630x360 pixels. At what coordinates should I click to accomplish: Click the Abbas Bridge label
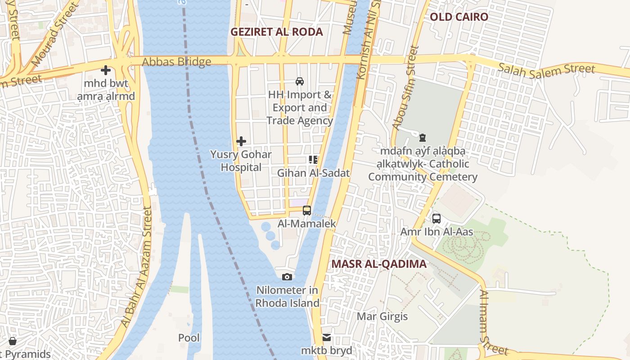pos(176,62)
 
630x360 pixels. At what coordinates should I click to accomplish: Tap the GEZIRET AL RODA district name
pos(276,32)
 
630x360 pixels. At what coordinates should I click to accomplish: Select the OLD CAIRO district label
pos(459,17)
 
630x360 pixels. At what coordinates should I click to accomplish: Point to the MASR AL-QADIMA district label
pos(379,264)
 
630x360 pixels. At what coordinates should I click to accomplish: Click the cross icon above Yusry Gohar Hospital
pos(241,141)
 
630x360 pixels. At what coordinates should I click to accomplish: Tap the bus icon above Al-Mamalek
pos(307,210)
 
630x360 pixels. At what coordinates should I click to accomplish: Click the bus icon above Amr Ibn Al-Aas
pos(436,219)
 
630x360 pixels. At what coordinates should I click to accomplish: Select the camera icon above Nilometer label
pos(287,277)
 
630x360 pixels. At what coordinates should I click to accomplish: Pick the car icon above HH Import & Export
pos(299,81)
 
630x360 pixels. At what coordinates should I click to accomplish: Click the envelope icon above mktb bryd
pos(327,337)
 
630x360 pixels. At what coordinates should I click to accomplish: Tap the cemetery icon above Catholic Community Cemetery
pos(422,138)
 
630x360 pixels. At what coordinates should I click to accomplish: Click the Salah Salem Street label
pos(547,69)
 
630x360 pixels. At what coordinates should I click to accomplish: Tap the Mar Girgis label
pos(382,316)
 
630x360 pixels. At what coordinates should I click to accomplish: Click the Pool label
pos(189,338)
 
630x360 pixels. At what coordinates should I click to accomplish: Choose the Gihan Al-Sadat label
pos(313,173)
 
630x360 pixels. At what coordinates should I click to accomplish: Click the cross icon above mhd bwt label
pos(106,70)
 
